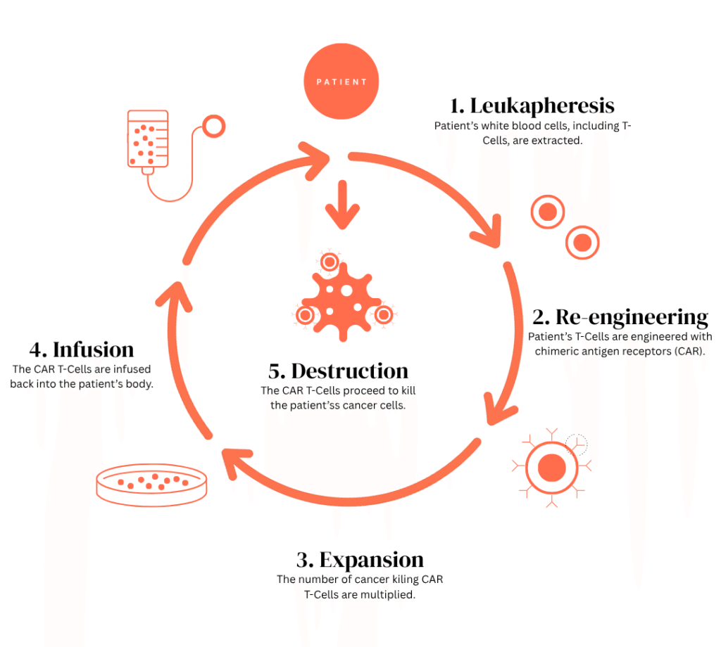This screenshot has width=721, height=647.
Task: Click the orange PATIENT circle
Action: tap(341, 81)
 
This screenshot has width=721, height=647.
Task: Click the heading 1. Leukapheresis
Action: tap(532, 105)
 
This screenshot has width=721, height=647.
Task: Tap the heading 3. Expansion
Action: tap(360, 560)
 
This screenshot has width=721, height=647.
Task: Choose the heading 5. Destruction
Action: tap(339, 371)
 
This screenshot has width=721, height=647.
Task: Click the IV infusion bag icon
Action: tap(147, 140)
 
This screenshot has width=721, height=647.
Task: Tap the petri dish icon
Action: tap(151, 486)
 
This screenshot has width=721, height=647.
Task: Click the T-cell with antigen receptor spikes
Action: tap(551, 467)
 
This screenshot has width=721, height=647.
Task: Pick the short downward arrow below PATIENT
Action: tap(342, 203)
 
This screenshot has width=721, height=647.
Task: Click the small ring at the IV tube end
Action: tap(213, 127)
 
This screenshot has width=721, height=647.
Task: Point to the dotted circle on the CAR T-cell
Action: tap(576, 444)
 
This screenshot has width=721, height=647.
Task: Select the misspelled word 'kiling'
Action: tap(390, 579)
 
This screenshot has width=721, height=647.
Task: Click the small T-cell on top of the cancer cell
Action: tap(329, 262)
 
